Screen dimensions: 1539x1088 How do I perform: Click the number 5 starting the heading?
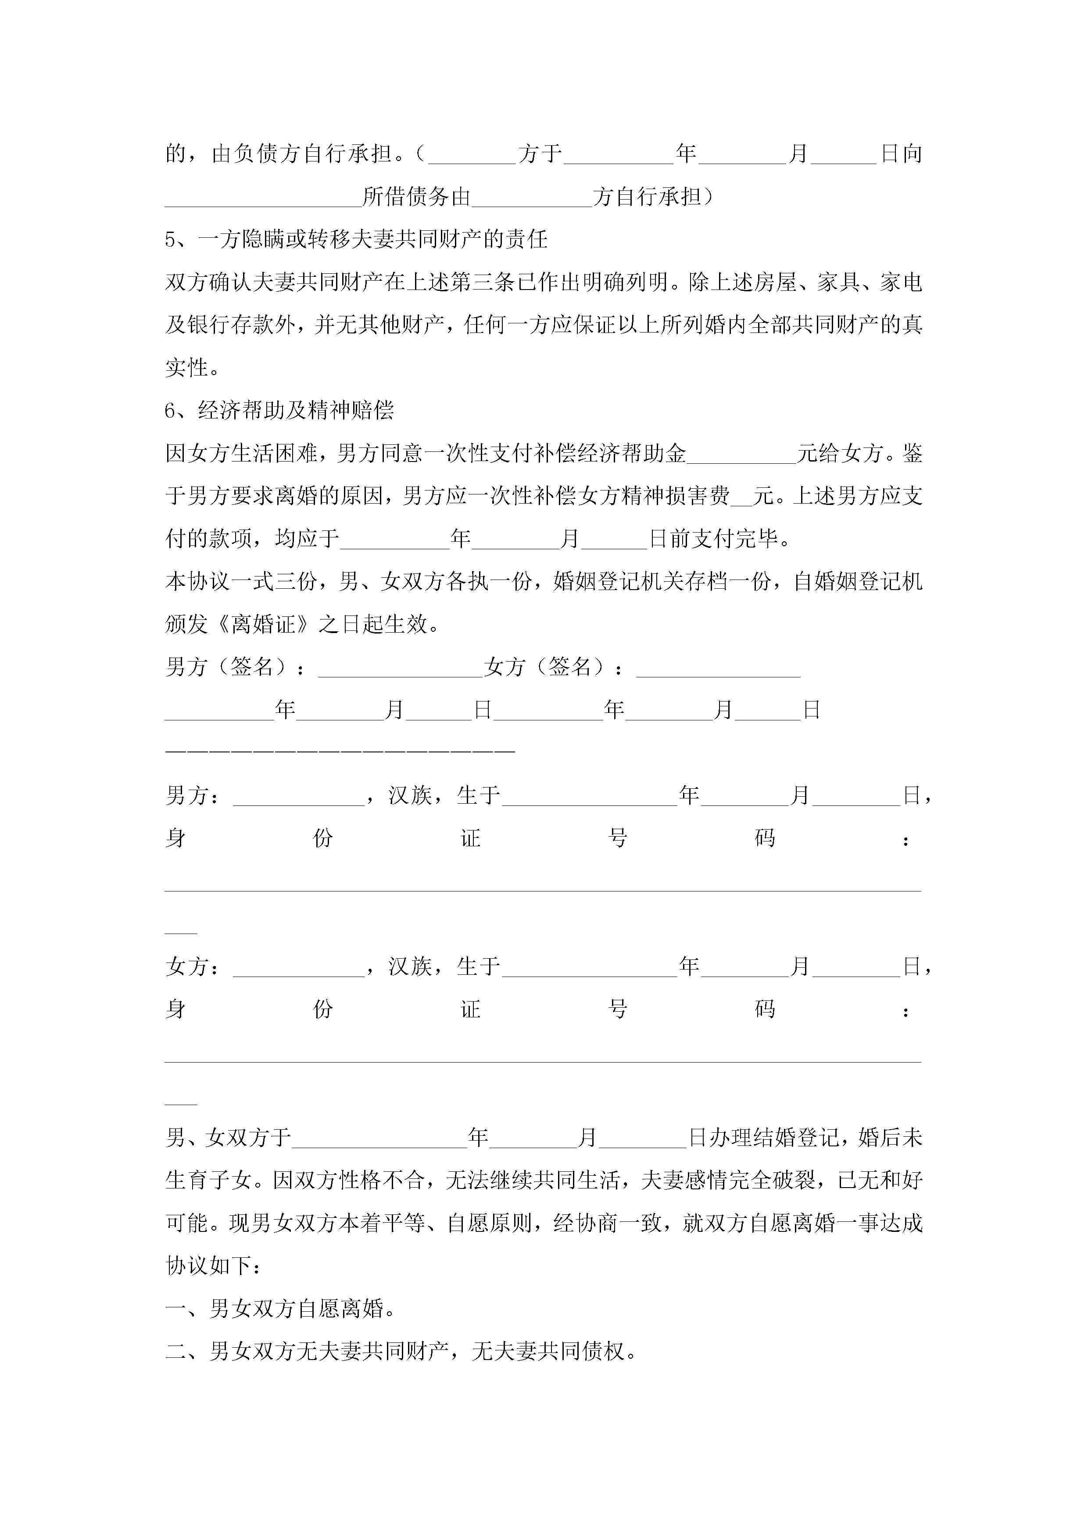click(170, 239)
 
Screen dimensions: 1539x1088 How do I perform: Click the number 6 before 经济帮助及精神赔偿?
click(170, 410)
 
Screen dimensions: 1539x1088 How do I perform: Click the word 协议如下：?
click(214, 1266)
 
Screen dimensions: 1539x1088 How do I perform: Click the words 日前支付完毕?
click(720, 539)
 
